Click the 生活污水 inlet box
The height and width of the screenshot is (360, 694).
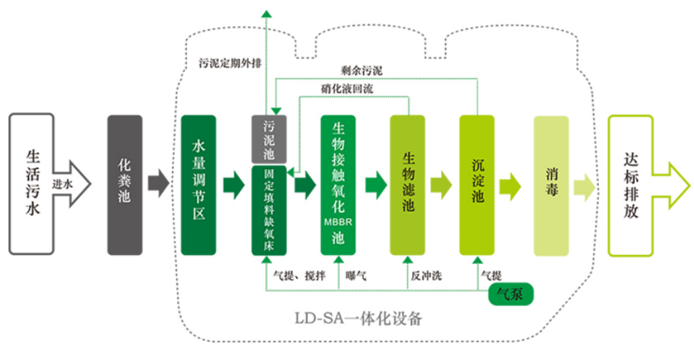click(x=33, y=183)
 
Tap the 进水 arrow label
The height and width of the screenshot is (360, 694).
click(x=62, y=183)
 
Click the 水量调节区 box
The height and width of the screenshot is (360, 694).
click(x=199, y=185)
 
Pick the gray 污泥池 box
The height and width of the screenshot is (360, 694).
click(x=269, y=138)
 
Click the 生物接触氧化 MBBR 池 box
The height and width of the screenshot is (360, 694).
click(x=339, y=185)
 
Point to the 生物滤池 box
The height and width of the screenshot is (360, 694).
click(x=408, y=185)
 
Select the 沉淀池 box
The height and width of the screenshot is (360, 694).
click(x=477, y=185)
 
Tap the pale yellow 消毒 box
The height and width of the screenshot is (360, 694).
click(x=551, y=185)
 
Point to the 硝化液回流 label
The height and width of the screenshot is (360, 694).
click(x=347, y=89)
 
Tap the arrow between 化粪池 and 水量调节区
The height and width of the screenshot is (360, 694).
click(x=159, y=185)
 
